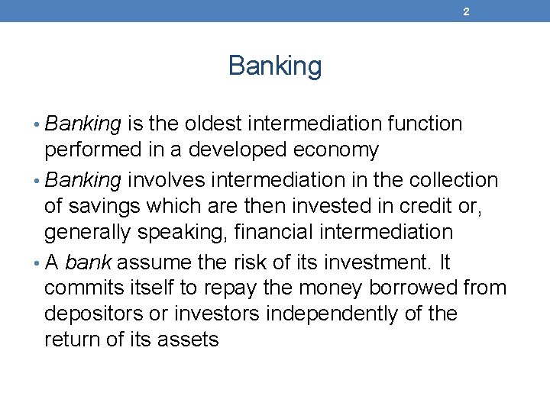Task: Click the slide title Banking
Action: point(275,66)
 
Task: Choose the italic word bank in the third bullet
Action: point(89,262)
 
